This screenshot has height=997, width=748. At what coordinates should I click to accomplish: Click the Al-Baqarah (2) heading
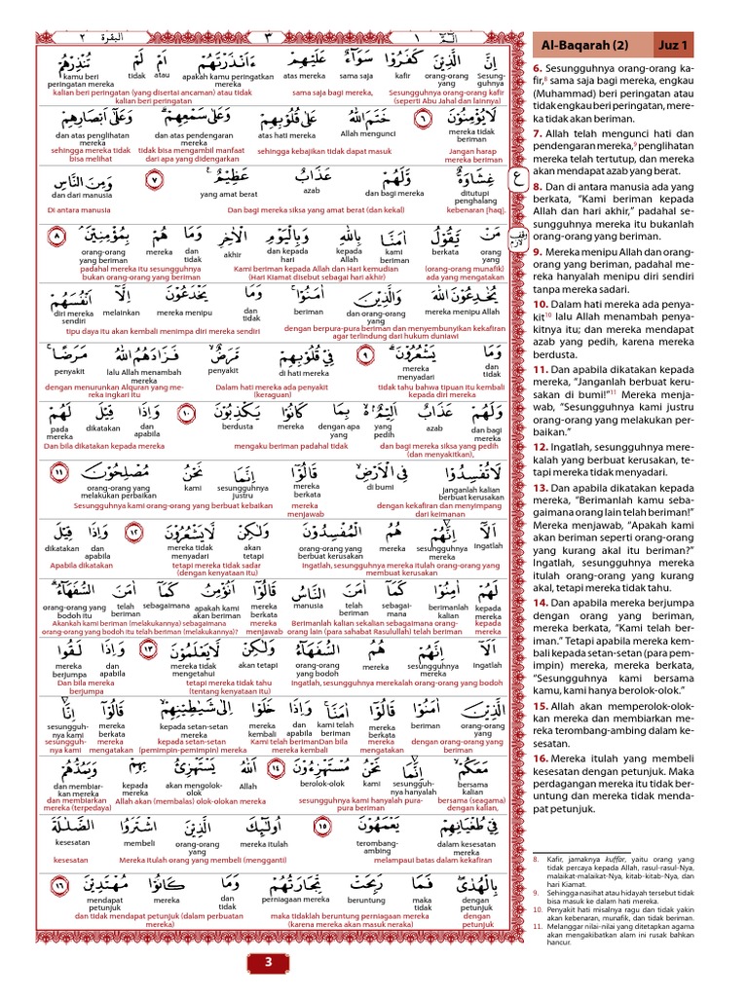590,44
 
